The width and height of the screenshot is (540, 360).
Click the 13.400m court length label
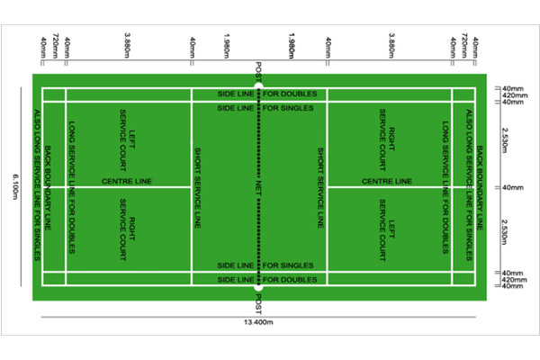coord(258,322)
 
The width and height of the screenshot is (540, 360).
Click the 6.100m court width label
coord(15,186)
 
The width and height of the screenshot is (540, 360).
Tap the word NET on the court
coord(258,188)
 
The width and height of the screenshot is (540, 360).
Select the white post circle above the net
coord(258,85)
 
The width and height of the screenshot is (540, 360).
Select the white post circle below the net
coord(258,287)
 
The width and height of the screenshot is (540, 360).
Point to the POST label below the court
coord(258,304)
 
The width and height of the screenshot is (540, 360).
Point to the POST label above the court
coord(258,72)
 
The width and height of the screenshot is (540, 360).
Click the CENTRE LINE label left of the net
coord(127,181)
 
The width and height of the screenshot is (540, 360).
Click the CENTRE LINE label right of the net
coord(387,181)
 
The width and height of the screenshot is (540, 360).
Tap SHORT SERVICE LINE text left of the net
coord(198,188)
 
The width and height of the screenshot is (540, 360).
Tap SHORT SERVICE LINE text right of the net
coord(320,188)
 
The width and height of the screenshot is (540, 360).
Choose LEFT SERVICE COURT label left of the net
coord(128,139)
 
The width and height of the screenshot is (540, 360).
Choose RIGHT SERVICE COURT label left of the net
coord(128,229)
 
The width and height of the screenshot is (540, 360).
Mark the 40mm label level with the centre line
coord(513,188)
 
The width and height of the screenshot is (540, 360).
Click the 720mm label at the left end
coord(56,45)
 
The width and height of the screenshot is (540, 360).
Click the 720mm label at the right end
coord(464,45)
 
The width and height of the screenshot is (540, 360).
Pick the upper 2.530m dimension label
coord(505,140)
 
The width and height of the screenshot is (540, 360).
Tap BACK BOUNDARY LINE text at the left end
coord(48,188)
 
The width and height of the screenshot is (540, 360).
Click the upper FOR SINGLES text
coord(288,108)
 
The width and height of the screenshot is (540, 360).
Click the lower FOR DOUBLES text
coord(290,280)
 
